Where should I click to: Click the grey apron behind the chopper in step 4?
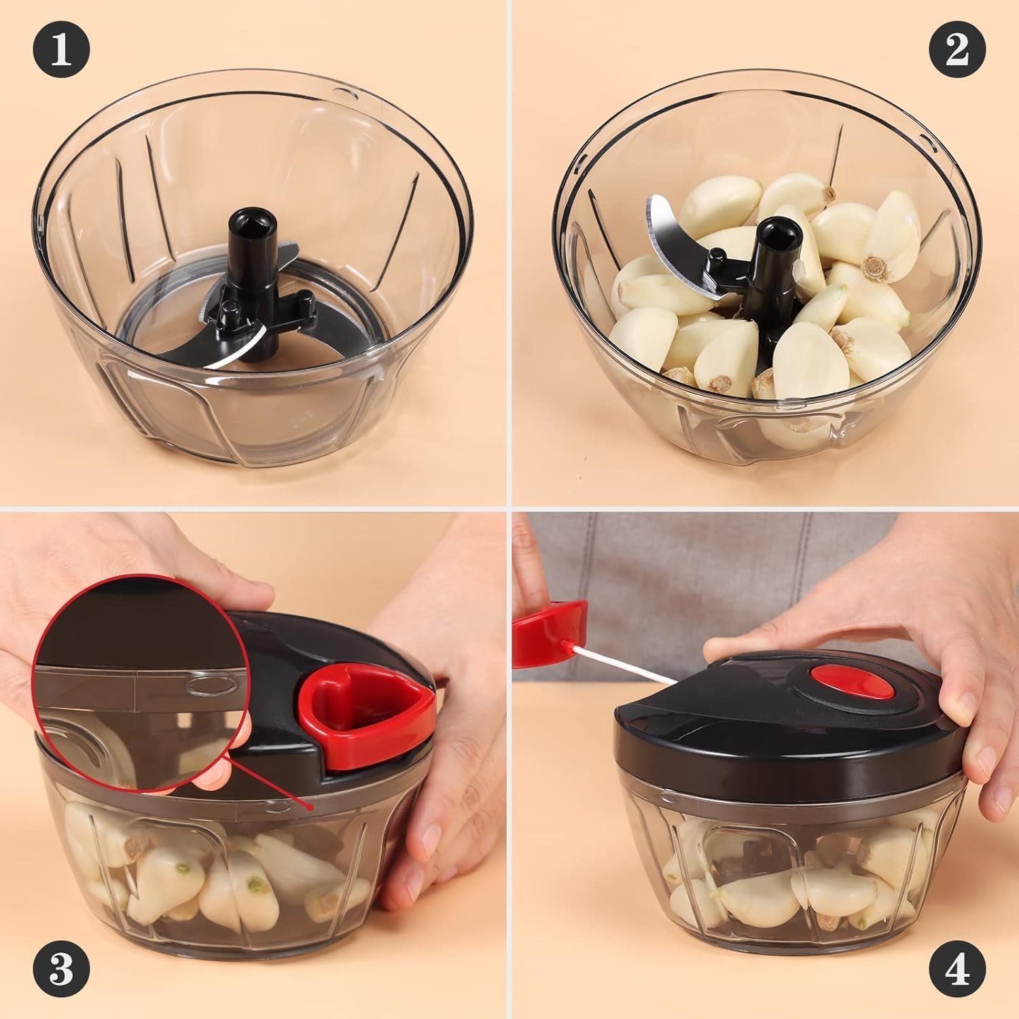click(x=679, y=564)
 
